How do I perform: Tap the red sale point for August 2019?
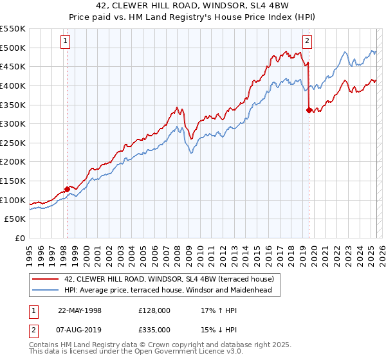click(x=309, y=111)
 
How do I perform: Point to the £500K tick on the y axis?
click(x=14, y=48)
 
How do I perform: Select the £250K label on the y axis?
click(x=14, y=143)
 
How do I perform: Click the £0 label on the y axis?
click(x=20, y=238)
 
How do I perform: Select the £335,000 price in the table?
click(x=154, y=329)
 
